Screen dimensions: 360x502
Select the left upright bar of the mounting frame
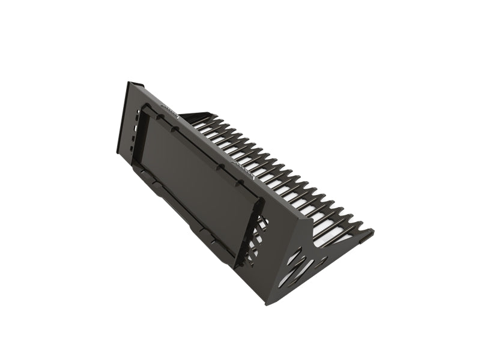(141, 135)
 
